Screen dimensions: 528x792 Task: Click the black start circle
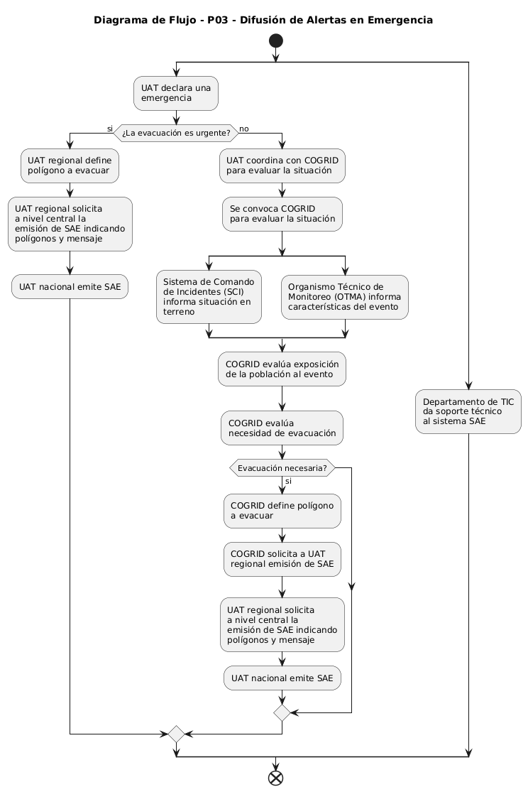pyautogui.click(x=275, y=41)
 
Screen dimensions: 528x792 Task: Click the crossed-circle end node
pyautogui.click(x=275, y=778)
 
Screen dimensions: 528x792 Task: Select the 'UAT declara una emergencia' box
pyautogui.click(x=176, y=93)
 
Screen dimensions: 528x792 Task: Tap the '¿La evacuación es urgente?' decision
pyautogui.click(x=176, y=133)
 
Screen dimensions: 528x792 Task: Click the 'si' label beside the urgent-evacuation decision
pyautogui.click(x=109, y=129)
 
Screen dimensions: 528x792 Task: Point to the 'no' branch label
pyautogui.click(x=244, y=129)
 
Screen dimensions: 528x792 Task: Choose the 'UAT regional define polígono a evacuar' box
pyautogui.click(x=70, y=166)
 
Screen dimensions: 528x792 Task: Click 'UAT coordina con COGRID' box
pyautogui.click(x=282, y=166)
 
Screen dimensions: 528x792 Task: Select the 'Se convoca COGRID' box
pyautogui.click(x=282, y=215)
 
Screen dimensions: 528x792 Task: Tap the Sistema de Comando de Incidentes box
pyautogui.click(x=209, y=296)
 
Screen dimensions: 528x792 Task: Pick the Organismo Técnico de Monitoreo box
pyautogui.click(x=345, y=297)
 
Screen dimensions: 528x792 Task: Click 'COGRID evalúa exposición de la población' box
pyautogui.click(x=282, y=369)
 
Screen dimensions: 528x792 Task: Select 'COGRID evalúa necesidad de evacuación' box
pyautogui.click(x=282, y=428)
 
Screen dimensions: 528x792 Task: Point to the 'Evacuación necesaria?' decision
pyautogui.click(x=282, y=467)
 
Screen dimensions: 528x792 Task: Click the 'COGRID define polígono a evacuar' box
pyautogui.click(x=282, y=511)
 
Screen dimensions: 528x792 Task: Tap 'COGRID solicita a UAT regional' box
pyautogui.click(x=282, y=559)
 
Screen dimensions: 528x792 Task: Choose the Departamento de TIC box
pyautogui.click(x=468, y=412)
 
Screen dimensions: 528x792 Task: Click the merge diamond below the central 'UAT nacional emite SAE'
pyautogui.click(x=282, y=712)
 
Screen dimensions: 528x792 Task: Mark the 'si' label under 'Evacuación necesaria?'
pyautogui.click(x=288, y=482)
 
